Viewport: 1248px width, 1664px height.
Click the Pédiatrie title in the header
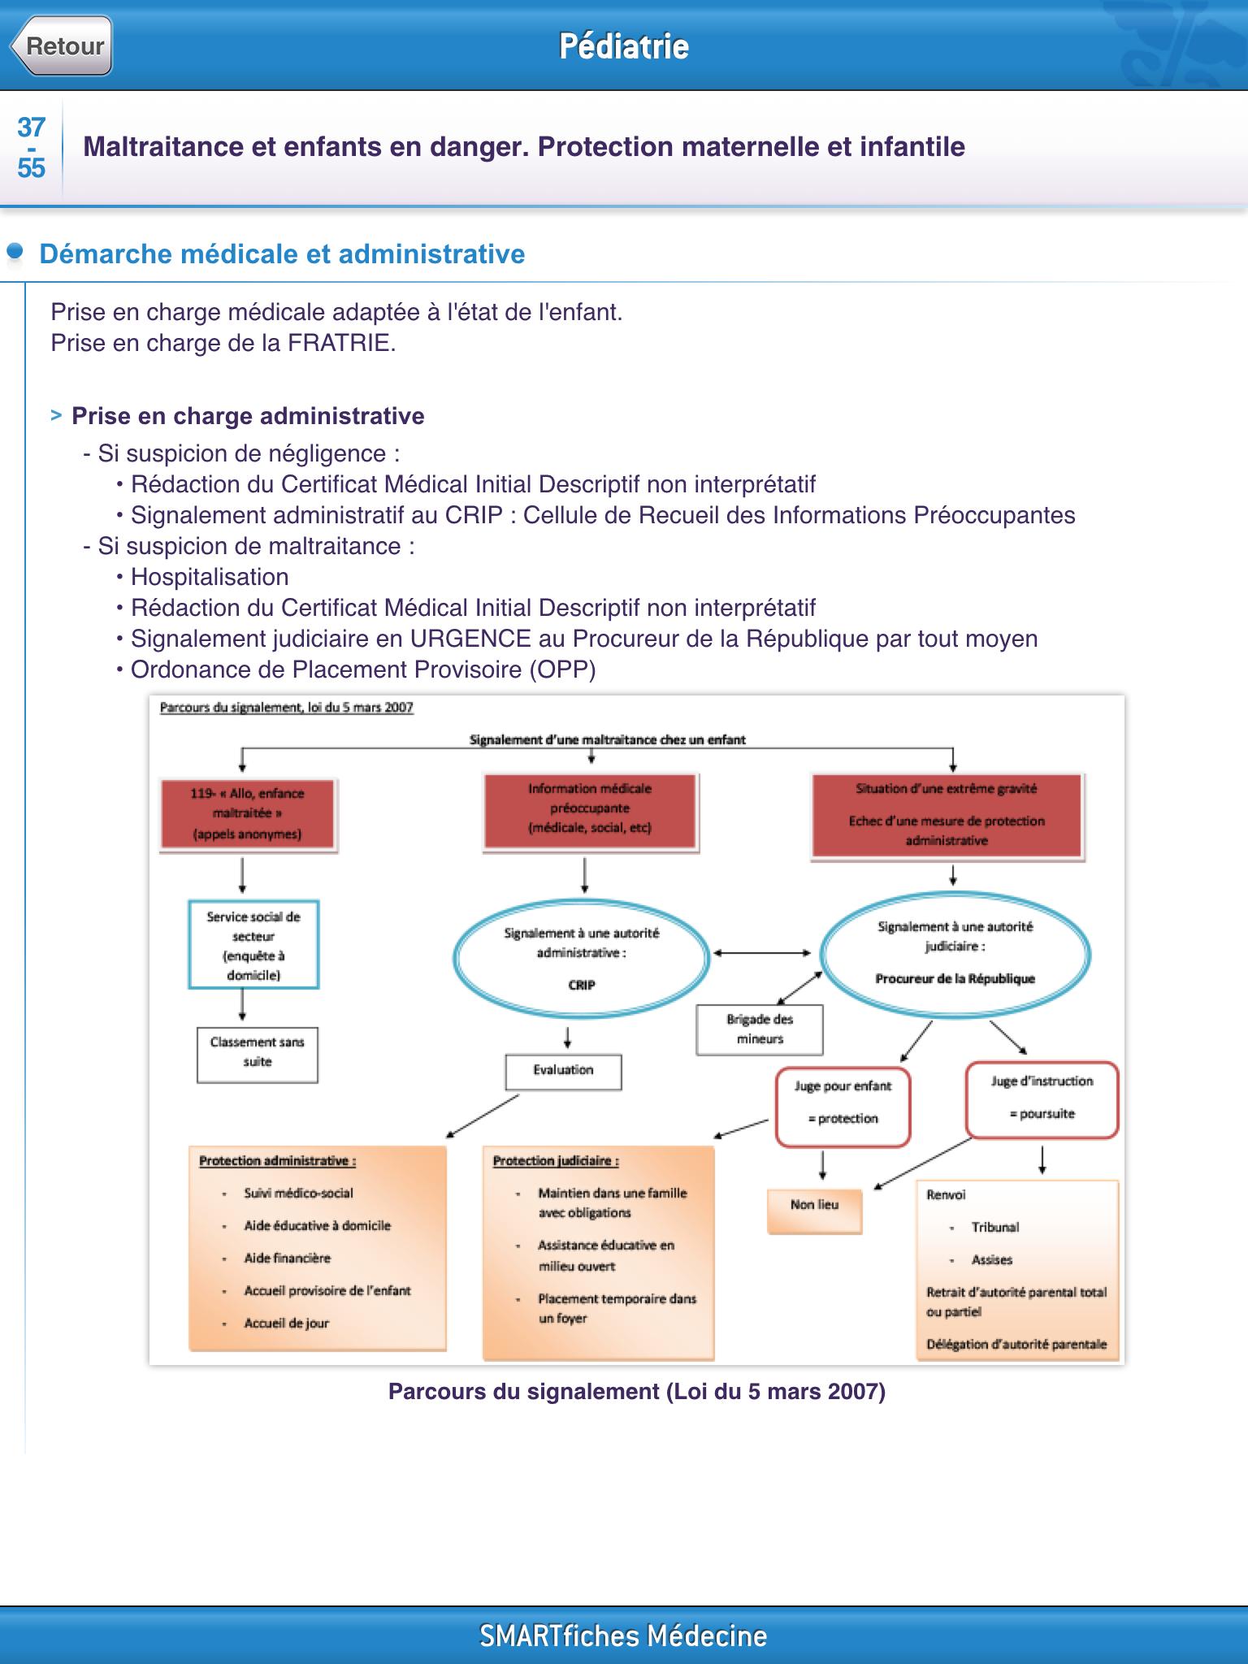(x=624, y=46)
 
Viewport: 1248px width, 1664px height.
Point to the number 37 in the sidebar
(x=31, y=127)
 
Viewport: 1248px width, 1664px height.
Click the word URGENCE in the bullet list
(x=470, y=639)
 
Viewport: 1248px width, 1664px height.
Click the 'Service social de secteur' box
(x=253, y=945)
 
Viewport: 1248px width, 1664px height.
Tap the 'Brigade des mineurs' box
(x=760, y=1029)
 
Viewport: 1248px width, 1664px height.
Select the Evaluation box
(x=563, y=1072)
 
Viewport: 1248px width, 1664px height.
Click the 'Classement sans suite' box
(x=257, y=1055)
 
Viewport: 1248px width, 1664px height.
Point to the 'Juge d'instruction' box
(x=1042, y=1098)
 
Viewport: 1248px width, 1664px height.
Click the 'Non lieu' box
(x=814, y=1211)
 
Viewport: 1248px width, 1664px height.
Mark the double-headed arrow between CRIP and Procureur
(x=763, y=952)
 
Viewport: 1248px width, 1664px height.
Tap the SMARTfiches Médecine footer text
(x=623, y=1636)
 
